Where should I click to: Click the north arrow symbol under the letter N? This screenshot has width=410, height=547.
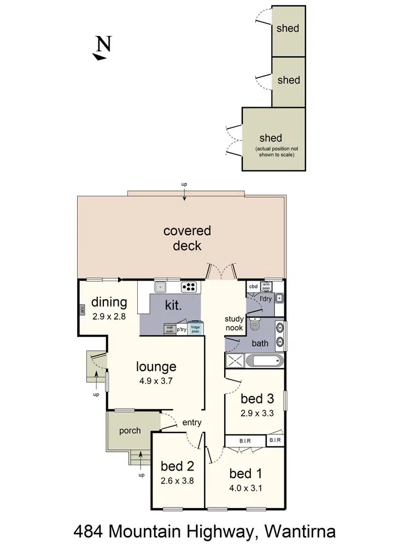(99, 56)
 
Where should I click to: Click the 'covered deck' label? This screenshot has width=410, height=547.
(187, 238)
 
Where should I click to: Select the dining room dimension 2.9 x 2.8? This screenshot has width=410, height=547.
(109, 316)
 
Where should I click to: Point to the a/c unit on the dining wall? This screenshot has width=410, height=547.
(82, 310)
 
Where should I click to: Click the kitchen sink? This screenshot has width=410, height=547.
(161, 286)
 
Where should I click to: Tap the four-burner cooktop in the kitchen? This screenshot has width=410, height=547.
(189, 286)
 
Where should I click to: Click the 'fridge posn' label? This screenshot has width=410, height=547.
(195, 329)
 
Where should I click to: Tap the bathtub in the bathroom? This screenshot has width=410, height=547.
(265, 361)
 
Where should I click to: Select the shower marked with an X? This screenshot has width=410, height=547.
(235, 361)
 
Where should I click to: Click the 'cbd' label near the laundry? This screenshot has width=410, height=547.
(253, 286)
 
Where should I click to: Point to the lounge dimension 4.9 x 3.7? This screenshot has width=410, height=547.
(156, 381)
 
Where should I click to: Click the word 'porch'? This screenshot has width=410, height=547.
(130, 430)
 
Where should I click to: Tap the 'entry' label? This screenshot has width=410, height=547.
(192, 422)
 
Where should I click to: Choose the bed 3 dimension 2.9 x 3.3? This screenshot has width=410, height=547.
(256, 414)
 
